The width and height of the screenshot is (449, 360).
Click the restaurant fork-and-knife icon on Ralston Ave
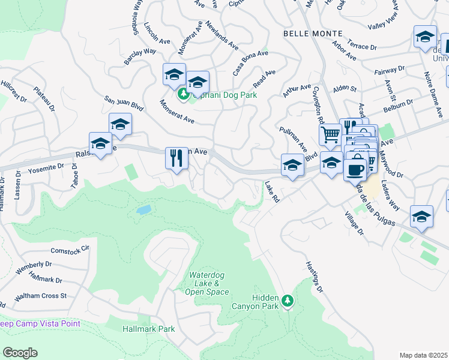pos(176,159)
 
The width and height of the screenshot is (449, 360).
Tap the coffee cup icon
pos(355,169)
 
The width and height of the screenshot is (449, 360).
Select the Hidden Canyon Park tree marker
pos(288,299)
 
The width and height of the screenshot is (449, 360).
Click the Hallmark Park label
pos(148,329)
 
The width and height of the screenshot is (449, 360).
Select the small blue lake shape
pos(143,210)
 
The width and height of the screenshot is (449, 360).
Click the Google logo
pos(20,353)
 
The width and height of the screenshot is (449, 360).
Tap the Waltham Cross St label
pos(33,296)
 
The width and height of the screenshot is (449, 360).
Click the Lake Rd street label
pos(273,192)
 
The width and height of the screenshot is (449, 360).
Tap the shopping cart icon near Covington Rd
pos(330,136)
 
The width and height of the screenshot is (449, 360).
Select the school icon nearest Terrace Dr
pos(425,37)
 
